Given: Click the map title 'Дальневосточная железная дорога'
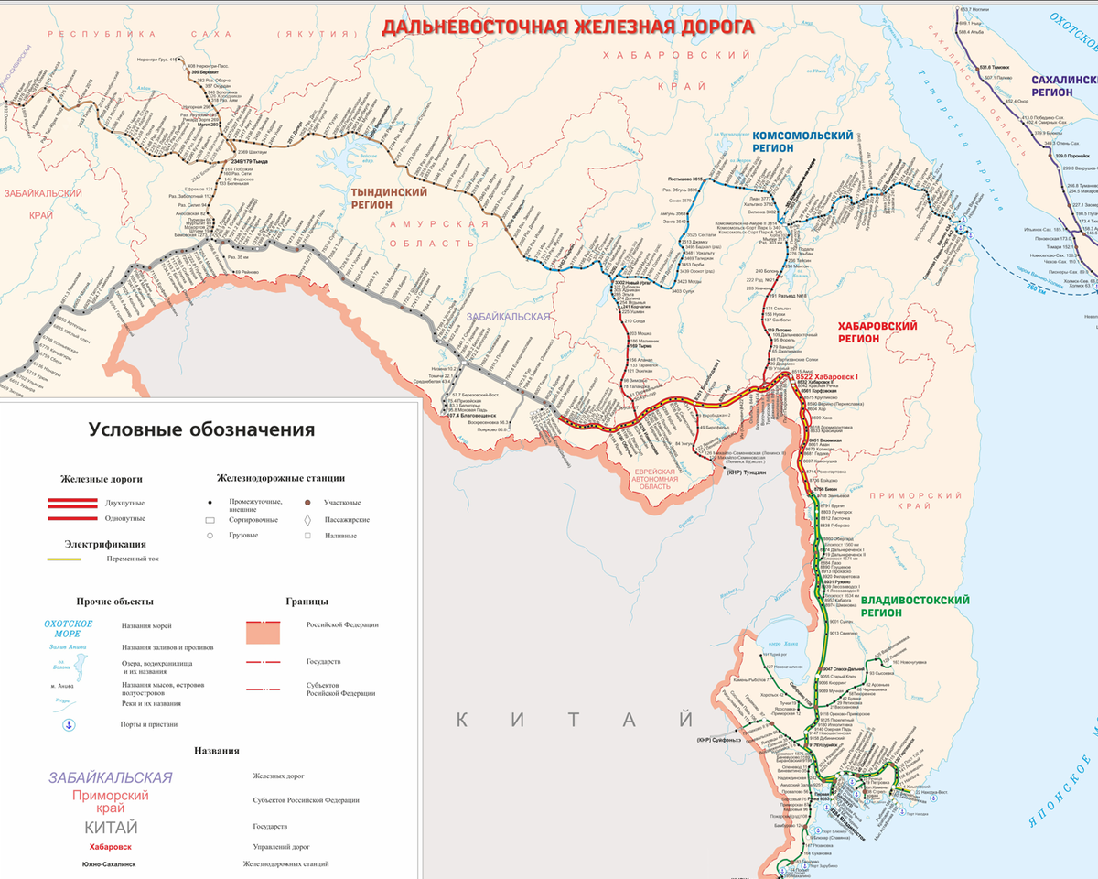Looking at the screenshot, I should coord(567,26).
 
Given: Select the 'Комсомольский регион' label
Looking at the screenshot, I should coord(802,141).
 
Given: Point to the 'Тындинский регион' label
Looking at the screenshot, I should coord(390,199).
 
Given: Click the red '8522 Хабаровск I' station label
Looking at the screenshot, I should coord(826,377).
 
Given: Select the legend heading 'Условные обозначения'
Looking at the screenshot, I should coord(201,429).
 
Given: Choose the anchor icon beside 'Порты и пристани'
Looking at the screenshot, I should coord(67,725).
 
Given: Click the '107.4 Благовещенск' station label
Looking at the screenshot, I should coord(478,415).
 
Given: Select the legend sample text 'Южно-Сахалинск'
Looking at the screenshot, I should coord(111,863).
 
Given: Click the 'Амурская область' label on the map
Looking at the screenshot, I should coord(435,233).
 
